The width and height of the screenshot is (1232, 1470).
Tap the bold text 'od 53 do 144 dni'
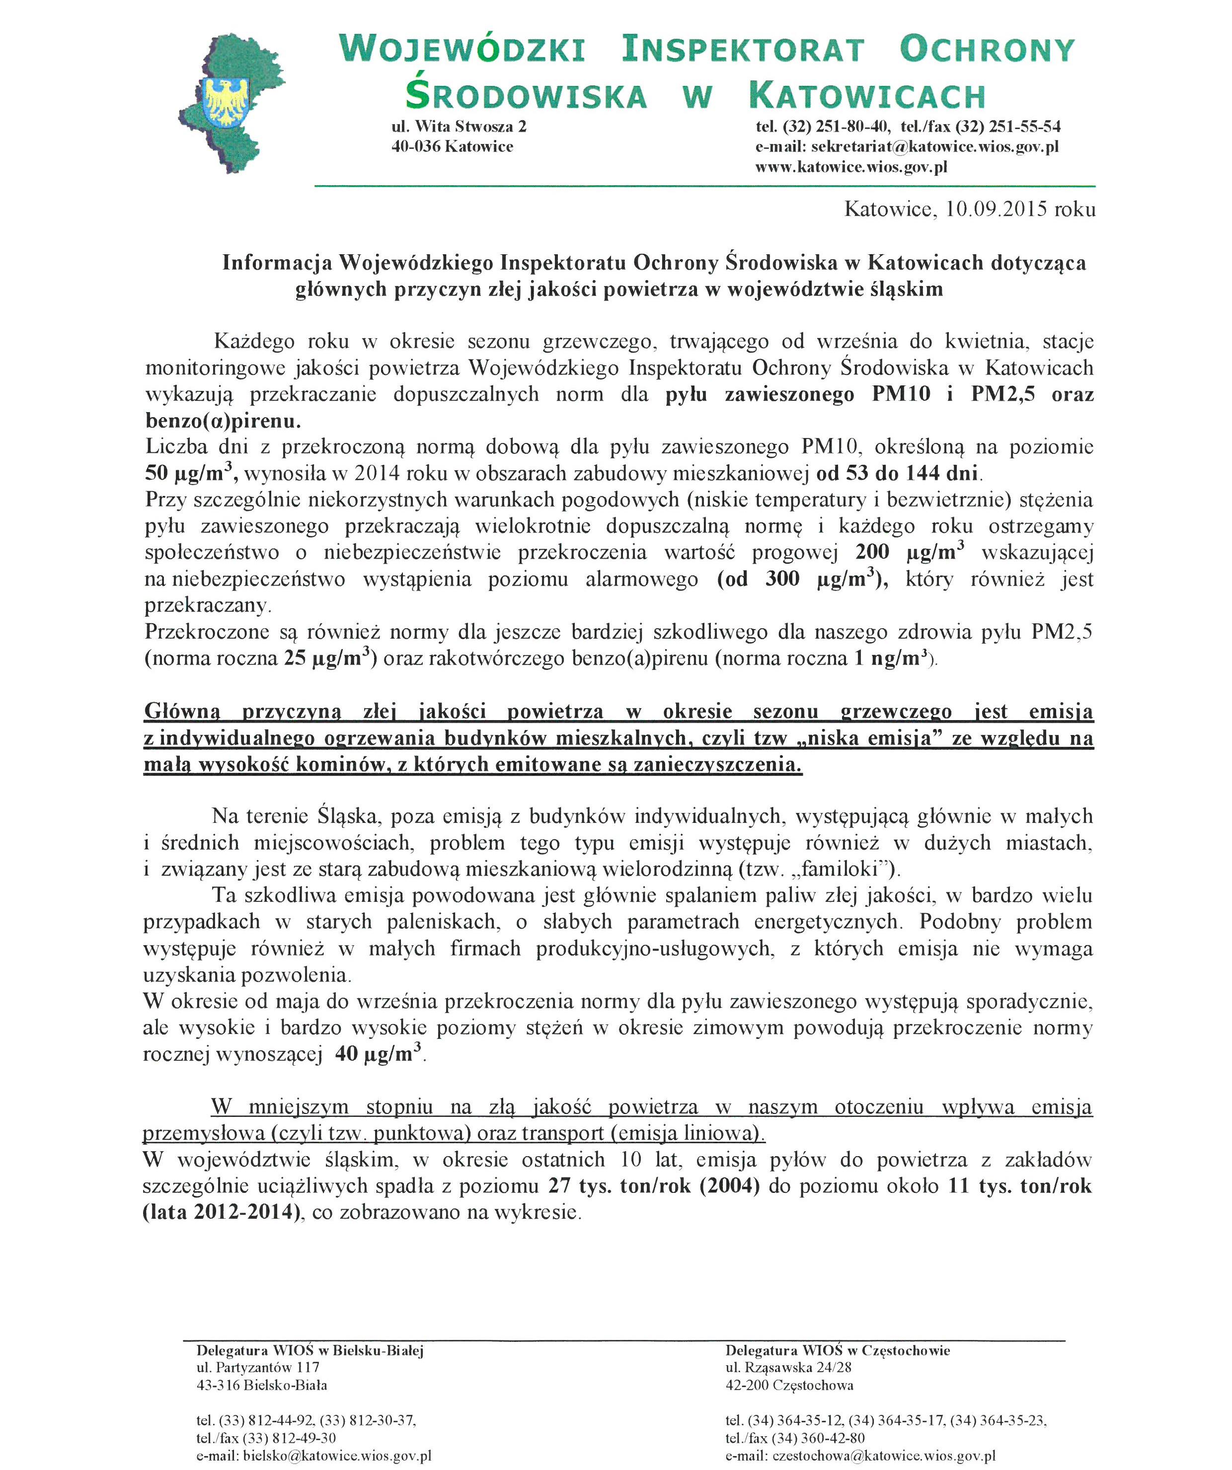(x=897, y=474)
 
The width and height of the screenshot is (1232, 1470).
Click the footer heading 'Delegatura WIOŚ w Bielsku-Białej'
(x=309, y=1350)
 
